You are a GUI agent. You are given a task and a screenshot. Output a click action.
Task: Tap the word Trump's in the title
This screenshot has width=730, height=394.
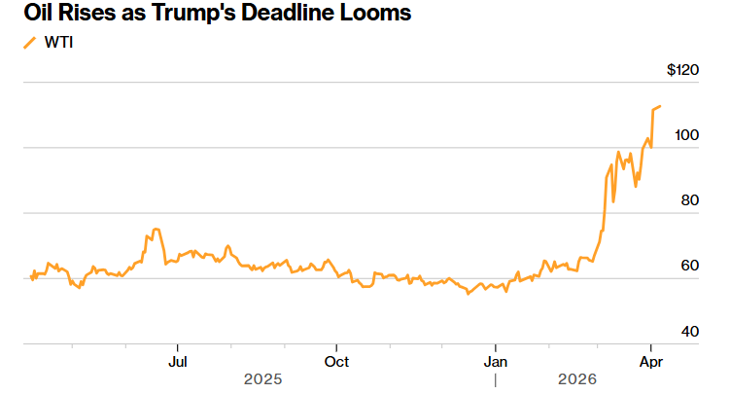pyautogui.click(x=198, y=14)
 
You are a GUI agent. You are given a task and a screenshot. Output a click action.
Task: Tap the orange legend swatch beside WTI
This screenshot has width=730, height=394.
pyautogui.click(x=28, y=43)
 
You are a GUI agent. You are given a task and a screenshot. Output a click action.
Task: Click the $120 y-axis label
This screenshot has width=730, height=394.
pyautogui.click(x=683, y=70)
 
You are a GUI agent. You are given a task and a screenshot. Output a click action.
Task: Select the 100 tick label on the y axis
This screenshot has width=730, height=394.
pyautogui.click(x=688, y=135)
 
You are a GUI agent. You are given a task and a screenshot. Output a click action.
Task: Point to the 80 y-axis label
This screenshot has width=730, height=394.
pyautogui.click(x=691, y=200)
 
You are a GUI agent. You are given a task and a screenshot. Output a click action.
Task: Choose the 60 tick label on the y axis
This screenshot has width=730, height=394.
pyautogui.click(x=691, y=266)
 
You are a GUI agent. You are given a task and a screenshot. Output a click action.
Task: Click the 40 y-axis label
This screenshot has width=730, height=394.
pyautogui.click(x=691, y=331)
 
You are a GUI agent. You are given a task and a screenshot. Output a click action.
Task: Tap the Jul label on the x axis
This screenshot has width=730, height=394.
pyautogui.click(x=178, y=361)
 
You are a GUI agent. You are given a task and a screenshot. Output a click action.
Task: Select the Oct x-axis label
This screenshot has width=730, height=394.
pyautogui.click(x=336, y=361)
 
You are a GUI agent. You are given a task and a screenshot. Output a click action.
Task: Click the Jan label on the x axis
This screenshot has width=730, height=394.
pyautogui.click(x=496, y=361)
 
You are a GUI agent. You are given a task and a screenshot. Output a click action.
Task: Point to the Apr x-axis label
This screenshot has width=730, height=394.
pyautogui.click(x=650, y=361)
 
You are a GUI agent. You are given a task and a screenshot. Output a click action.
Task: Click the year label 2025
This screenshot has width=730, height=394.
pyautogui.click(x=262, y=377)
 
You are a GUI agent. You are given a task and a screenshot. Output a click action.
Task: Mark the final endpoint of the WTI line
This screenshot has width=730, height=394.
pyautogui.click(x=660, y=106)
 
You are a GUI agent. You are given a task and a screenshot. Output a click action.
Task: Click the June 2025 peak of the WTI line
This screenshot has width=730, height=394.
pyautogui.click(x=156, y=230)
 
